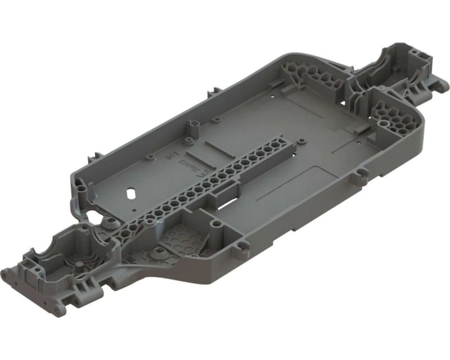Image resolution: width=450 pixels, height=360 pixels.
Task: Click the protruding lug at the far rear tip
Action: tap(444, 86)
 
